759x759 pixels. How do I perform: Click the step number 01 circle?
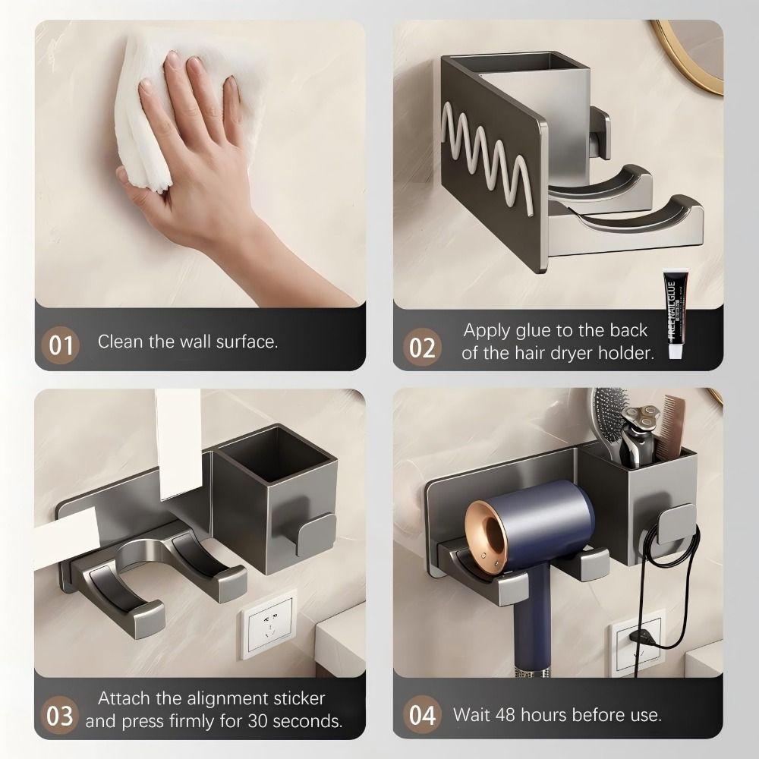pos(61,345)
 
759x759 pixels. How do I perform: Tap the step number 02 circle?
pos(422,347)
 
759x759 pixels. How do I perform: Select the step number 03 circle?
pos(60,715)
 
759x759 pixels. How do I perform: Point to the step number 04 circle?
pos(422,714)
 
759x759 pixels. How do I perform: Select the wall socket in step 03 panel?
pos(269,625)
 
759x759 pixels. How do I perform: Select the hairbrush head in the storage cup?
pos(608,414)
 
